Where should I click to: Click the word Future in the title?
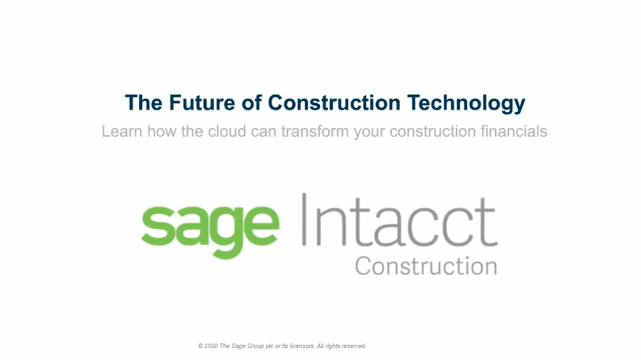pyautogui.click(x=191, y=103)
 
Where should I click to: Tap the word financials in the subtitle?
pyautogui.click(x=510, y=131)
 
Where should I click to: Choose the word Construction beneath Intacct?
pyautogui.click(x=426, y=265)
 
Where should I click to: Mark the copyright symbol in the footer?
pyautogui.click(x=201, y=346)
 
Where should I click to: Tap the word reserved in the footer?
pyautogui.click(x=352, y=346)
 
